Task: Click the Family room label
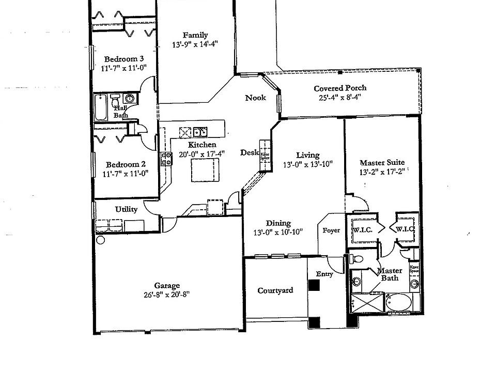(195, 35)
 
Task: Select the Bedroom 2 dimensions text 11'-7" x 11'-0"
(126, 174)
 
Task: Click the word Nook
(255, 98)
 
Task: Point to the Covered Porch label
(340, 88)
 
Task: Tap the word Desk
(249, 152)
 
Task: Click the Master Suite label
(382, 162)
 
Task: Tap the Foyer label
(331, 230)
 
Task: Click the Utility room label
(126, 209)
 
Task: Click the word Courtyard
(275, 290)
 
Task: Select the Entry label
(324, 274)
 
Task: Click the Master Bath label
(390, 274)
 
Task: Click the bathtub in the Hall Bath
(102, 107)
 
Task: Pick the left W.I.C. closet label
(363, 229)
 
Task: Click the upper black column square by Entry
(314, 284)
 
